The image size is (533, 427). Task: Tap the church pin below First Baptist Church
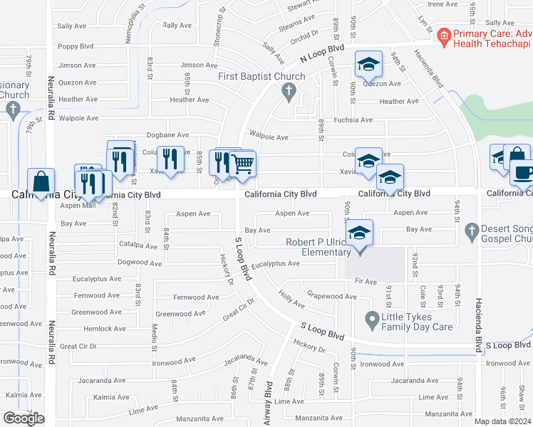(x=289, y=90)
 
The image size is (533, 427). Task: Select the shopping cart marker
(x=242, y=164)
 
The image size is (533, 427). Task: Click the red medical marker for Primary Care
(x=444, y=35)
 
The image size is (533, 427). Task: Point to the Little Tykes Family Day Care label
(x=417, y=322)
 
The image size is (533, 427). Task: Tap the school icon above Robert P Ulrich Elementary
(x=359, y=233)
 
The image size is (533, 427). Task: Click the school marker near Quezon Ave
(x=368, y=64)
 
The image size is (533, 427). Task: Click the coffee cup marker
(x=524, y=173)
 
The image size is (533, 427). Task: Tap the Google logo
(x=24, y=418)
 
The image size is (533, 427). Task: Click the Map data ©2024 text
(x=503, y=421)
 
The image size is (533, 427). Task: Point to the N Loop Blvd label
(x=321, y=52)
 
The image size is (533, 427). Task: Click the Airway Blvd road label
(x=269, y=403)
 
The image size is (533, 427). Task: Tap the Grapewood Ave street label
(x=331, y=295)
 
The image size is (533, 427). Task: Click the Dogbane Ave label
(x=167, y=135)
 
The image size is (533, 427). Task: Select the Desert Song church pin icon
(x=470, y=231)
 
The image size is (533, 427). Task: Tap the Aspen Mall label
(x=78, y=206)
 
